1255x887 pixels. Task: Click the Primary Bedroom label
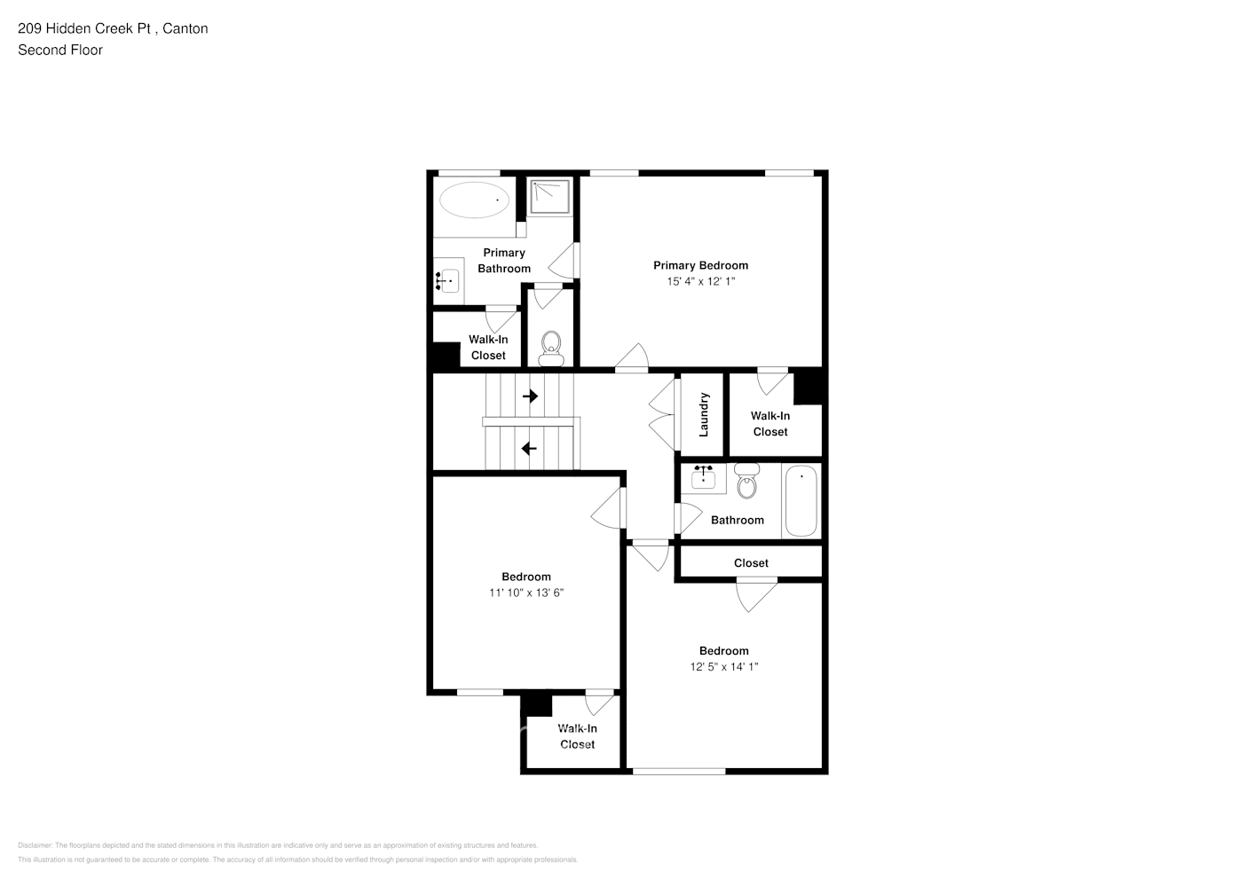coord(700,265)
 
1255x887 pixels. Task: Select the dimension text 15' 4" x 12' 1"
coord(700,281)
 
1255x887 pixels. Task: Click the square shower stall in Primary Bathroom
coord(549,197)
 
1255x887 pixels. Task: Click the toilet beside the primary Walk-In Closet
coord(551,346)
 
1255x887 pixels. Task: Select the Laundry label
coord(704,414)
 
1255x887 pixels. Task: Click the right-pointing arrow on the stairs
coord(530,396)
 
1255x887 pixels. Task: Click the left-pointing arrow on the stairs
coord(530,449)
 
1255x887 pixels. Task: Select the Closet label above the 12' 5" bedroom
coord(751,563)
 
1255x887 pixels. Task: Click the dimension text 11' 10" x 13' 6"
coord(526,593)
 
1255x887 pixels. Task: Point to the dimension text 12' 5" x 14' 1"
coord(723,666)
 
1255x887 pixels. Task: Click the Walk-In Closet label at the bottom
coord(577,736)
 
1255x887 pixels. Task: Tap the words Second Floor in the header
coord(60,50)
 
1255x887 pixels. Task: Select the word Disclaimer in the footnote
coord(36,845)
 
